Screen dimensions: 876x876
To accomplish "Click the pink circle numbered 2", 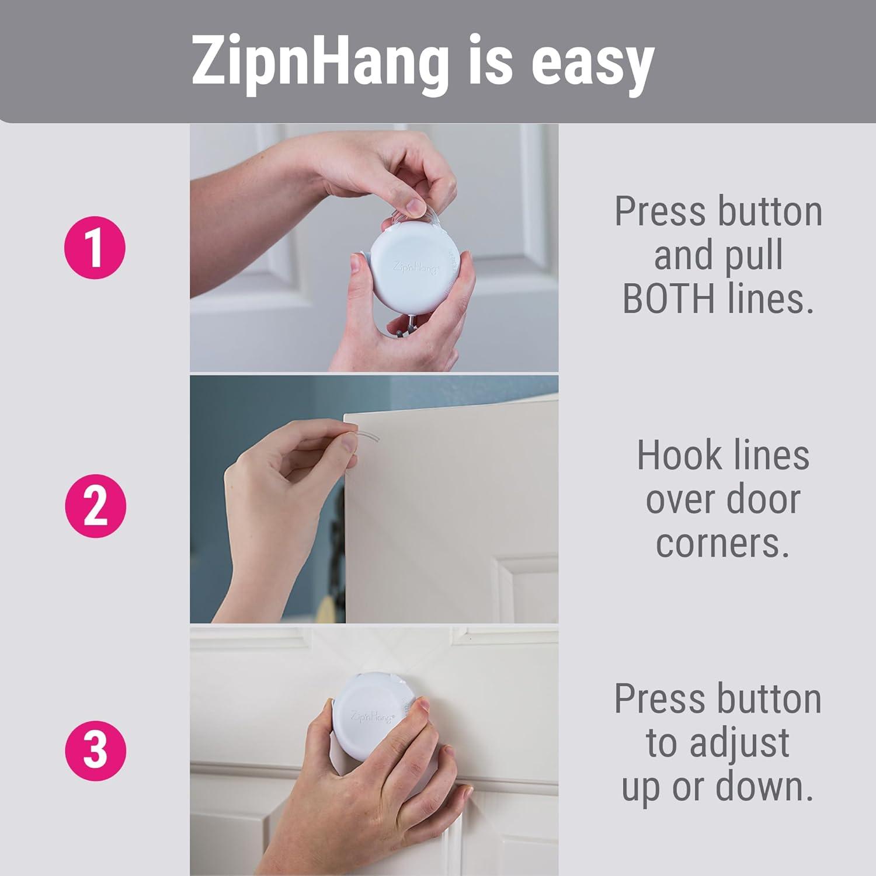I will (x=95, y=506).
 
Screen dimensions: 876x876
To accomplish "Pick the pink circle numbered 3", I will (x=95, y=750).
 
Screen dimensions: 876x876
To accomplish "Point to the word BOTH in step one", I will (x=668, y=298).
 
